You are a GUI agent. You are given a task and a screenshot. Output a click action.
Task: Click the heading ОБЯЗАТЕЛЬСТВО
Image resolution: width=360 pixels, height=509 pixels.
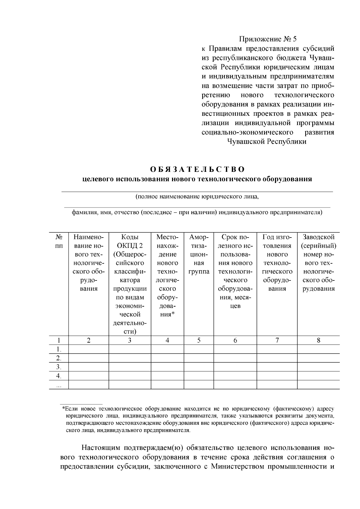click(x=197, y=169)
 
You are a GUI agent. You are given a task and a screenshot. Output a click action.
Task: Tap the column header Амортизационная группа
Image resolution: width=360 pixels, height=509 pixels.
click(x=199, y=254)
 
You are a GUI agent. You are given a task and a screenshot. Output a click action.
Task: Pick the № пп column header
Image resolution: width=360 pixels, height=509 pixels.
click(x=59, y=241)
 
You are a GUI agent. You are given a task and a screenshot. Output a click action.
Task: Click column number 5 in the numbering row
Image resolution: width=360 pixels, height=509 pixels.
click(x=199, y=340)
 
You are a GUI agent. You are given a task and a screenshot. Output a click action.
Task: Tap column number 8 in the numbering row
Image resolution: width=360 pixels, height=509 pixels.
click(x=318, y=340)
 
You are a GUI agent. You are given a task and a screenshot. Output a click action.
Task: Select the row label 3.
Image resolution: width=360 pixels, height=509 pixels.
click(x=59, y=367)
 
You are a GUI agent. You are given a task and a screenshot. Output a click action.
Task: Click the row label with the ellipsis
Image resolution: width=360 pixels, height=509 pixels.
click(x=59, y=385)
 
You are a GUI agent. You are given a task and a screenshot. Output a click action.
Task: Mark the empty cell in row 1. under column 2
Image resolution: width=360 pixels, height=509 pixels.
click(x=88, y=349)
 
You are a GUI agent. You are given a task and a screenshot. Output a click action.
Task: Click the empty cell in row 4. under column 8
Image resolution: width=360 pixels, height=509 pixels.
click(x=318, y=376)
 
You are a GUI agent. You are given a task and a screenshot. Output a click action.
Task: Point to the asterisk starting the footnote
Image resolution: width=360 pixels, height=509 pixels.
click(x=64, y=409)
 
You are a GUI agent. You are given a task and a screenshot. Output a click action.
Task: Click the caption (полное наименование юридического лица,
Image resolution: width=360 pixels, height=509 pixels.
click(x=197, y=197)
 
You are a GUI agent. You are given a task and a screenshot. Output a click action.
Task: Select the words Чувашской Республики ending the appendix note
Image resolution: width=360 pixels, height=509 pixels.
click(x=267, y=142)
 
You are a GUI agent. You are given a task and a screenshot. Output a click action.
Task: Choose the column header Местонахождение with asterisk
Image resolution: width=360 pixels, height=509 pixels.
click(x=167, y=276)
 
